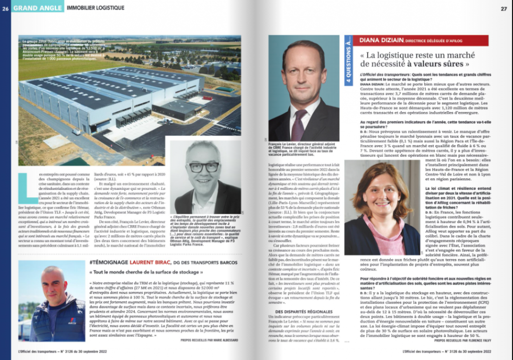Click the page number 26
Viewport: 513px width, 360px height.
(x=6, y=8)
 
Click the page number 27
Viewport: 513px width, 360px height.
(x=503, y=8)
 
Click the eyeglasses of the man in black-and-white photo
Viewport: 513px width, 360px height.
(x=204, y=167)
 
